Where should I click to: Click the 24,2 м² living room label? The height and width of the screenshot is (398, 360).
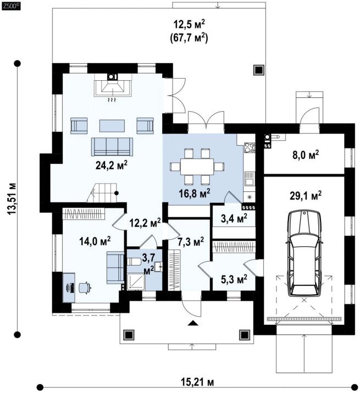(111, 165)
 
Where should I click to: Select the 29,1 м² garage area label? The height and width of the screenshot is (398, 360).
(306, 196)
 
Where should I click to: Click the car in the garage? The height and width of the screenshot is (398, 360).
(304, 253)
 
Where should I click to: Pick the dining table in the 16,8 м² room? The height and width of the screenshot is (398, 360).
(197, 167)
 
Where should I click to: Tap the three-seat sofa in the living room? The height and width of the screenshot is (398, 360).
(112, 147)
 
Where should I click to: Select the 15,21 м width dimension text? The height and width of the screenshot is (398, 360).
(197, 389)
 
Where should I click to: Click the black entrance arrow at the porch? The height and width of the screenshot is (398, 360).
(193, 323)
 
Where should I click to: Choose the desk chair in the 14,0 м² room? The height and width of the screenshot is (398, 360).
(85, 287)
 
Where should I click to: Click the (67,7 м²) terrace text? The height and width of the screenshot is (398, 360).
(189, 38)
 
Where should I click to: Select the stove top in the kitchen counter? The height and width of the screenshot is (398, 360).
(250, 147)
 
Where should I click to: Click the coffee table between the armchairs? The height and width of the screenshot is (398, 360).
(112, 126)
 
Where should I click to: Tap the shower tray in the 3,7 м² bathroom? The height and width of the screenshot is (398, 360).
(136, 282)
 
